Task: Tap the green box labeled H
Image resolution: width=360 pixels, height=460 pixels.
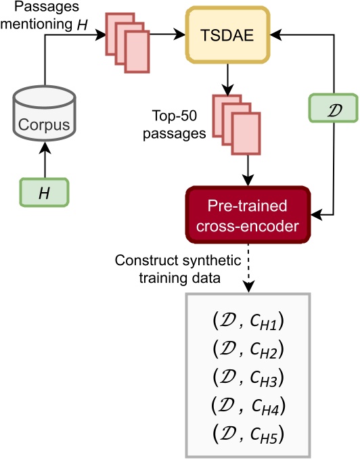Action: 44,193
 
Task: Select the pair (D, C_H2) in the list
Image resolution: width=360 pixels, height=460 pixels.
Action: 248,350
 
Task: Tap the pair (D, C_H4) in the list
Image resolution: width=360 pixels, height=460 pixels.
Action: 248,405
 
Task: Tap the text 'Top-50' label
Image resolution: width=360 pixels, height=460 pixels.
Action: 181,116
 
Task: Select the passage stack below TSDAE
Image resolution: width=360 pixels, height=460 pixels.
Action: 233,120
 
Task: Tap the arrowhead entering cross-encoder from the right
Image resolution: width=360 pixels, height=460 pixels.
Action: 315,214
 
